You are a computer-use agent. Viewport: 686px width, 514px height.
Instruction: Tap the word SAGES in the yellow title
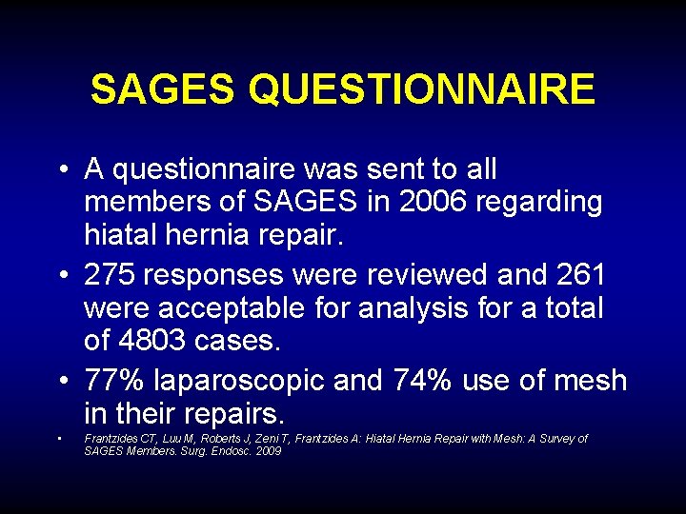pyautogui.click(x=161, y=90)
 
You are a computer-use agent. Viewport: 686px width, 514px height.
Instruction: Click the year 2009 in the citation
pyautogui.click(x=268, y=450)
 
